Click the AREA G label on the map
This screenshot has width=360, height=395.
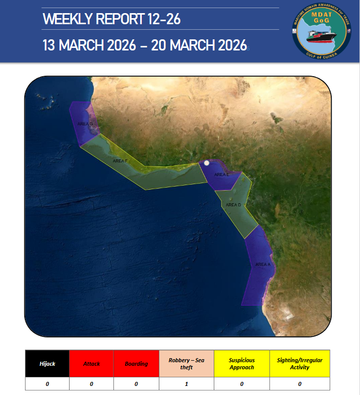pyautogui.click(x=85, y=124)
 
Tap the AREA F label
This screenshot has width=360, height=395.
pyautogui.click(x=120, y=161)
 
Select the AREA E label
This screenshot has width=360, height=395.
pyautogui.click(x=222, y=175)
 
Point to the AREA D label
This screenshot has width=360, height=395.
pyautogui.click(x=233, y=205)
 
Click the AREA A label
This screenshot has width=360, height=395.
pyautogui.click(x=263, y=264)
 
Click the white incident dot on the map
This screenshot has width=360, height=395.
pyautogui.click(x=206, y=163)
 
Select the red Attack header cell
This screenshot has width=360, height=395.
pyautogui.click(x=92, y=364)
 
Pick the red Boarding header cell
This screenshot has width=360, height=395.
pyautogui.click(x=136, y=364)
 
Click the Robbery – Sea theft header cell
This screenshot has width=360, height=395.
pyautogui.click(x=187, y=364)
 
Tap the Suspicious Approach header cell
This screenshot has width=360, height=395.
pyautogui.click(x=242, y=364)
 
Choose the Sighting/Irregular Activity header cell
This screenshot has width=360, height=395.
pyautogui.click(x=299, y=364)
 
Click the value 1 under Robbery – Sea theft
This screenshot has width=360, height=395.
pyautogui.click(x=187, y=384)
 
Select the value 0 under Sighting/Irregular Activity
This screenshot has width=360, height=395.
pyautogui.click(x=299, y=384)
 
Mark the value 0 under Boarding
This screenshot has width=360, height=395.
pyautogui.click(x=136, y=384)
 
